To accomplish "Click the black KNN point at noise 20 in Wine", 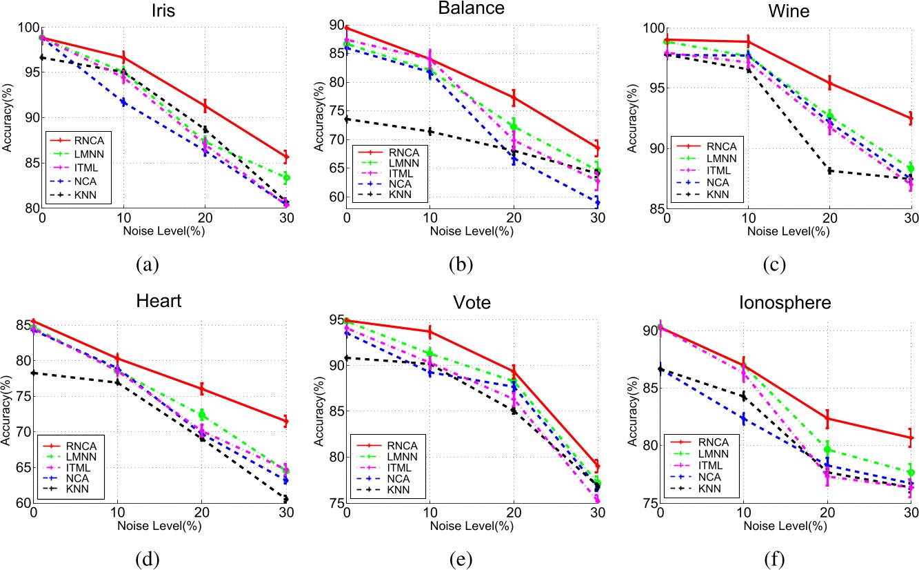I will (x=829, y=170).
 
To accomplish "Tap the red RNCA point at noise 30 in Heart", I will (x=285, y=421).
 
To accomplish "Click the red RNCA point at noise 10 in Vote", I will (x=430, y=332).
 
